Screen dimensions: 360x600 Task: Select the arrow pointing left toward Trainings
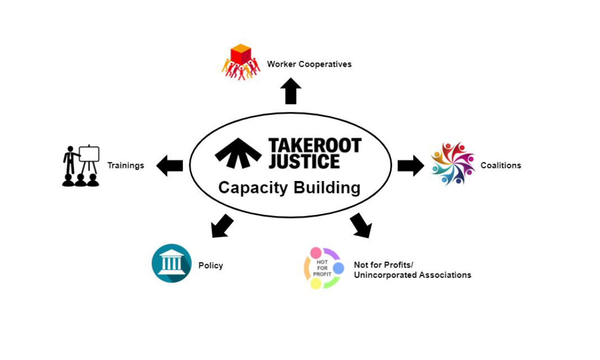tap(169, 165)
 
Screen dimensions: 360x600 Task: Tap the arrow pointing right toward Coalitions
tap(410, 165)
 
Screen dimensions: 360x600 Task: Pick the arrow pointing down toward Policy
tap(222, 226)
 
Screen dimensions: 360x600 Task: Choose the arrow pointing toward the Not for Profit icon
tap(361, 225)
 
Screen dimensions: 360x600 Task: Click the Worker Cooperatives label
tap(309, 65)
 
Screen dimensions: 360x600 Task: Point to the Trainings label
tap(125, 165)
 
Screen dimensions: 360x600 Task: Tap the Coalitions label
tap(500, 165)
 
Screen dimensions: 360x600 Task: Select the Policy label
tap(211, 265)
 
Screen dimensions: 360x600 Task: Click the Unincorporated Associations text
tap(412, 275)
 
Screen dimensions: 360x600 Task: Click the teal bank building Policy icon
tap(172, 263)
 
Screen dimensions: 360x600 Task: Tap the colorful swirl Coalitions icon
tap(452, 164)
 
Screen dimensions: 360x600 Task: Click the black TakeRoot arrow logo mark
tap(238, 153)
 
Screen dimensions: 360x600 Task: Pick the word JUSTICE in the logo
tap(304, 161)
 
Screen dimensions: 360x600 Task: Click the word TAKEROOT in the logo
tap(315, 145)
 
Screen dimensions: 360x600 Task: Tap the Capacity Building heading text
tap(289, 187)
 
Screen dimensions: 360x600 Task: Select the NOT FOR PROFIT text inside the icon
tap(322, 268)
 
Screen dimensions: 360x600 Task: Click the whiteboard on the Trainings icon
tap(89, 154)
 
